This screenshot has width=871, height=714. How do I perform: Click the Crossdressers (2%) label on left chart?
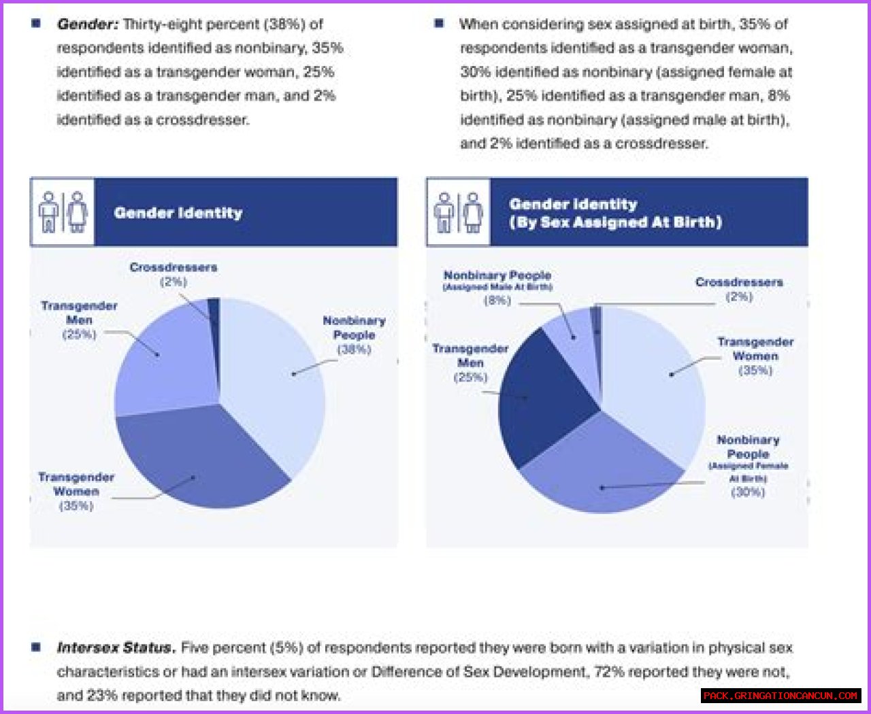pyautogui.click(x=174, y=274)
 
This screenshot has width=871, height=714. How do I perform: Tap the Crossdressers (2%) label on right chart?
pyautogui.click(x=739, y=289)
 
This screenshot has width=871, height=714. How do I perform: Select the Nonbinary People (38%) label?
pyautogui.click(x=354, y=335)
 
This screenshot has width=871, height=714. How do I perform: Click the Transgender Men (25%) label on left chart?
pyautogui.click(x=79, y=320)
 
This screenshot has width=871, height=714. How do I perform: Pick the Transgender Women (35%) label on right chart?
pyautogui.click(x=755, y=356)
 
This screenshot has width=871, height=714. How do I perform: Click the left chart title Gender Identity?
pyautogui.click(x=178, y=213)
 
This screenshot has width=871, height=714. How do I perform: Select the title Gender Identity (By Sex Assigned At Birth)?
pyautogui.click(x=615, y=213)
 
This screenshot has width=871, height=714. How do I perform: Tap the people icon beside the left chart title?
pyautogui.click(x=63, y=212)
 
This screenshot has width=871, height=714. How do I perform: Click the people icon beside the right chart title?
pyautogui.click(x=459, y=212)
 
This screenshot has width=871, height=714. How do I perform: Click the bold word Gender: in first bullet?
pyautogui.click(x=88, y=24)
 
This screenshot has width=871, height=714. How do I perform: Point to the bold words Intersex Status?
pyautogui.click(x=116, y=647)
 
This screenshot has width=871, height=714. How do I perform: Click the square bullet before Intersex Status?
pyautogui.click(x=36, y=647)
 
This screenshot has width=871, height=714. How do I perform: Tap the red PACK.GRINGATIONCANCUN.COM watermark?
pyautogui.click(x=780, y=696)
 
